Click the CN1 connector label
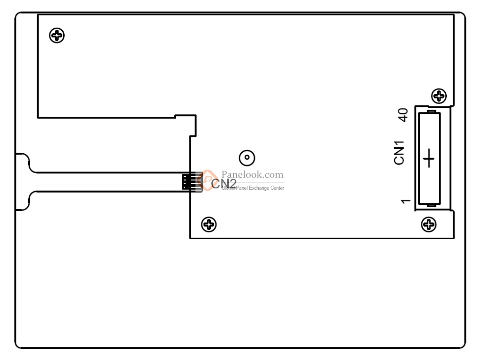pos(399,155)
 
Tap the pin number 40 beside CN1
pos(402,115)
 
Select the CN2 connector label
pos(224,184)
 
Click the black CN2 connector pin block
pos(188,182)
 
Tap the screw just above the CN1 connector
pos(439,96)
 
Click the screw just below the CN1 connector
pos(428,225)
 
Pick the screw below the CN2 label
pos(209,225)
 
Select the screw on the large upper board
pos(57,35)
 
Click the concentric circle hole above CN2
pos(247,158)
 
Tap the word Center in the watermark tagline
pos(278,188)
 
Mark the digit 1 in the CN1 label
pos(399,148)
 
